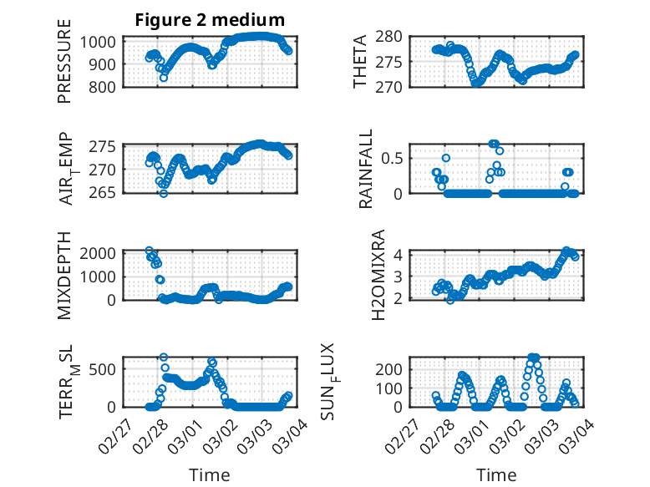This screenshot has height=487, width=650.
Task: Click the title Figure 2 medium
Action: pos(210,20)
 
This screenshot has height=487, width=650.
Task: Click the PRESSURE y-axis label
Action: pos(64,67)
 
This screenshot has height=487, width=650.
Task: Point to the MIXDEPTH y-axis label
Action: pos(64,276)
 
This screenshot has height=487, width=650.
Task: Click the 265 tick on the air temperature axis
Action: pos(106,193)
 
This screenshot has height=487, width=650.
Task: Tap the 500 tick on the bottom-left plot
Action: pos(106,369)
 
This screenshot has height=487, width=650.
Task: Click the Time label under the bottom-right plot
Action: pos(496,474)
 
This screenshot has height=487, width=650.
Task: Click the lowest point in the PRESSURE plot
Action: pos(164,78)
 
